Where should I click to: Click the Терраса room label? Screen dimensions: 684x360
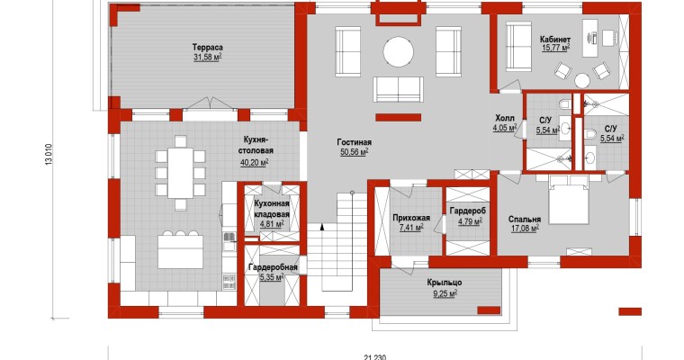click(x=208, y=47)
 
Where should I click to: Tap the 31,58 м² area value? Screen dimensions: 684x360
click(x=208, y=58)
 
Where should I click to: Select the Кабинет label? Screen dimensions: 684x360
click(x=555, y=40)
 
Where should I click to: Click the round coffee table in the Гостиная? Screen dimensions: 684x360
click(x=399, y=52)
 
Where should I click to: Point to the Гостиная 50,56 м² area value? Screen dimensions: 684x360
click(x=355, y=152)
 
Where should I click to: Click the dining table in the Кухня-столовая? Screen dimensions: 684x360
click(x=180, y=173)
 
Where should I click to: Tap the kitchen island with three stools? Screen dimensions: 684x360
click(x=180, y=252)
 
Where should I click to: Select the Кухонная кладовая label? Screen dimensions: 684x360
click(x=272, y=209)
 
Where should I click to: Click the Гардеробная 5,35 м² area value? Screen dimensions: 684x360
click(x=272, y=277)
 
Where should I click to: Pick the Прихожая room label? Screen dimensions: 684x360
click(x=411, y=218)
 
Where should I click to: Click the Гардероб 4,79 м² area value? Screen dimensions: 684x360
click(x=470, y=221)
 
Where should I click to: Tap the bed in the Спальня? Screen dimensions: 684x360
click(x=567, y=201)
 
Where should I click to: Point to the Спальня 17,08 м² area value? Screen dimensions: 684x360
click(x=525, y=229)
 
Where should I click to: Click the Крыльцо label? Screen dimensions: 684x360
click(x=445, y=283)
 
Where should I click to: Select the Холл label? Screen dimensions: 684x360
click(x=505, y=118)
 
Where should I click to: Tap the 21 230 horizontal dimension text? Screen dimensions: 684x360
click(x=374, y=357)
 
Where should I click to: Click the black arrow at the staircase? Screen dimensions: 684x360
click(x=322, y=227)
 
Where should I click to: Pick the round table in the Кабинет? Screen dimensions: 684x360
click(x=582, y=81)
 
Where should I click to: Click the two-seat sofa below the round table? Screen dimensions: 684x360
click(x=398, y=89)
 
